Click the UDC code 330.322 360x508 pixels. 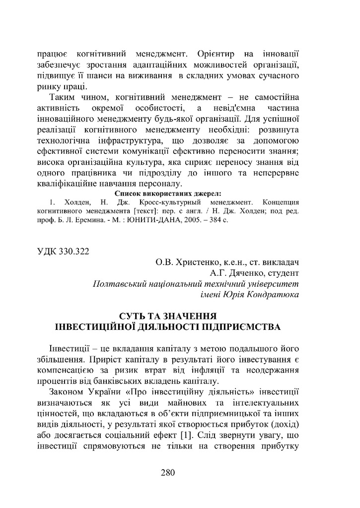(72, 251)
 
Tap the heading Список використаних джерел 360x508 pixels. (168, 193)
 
